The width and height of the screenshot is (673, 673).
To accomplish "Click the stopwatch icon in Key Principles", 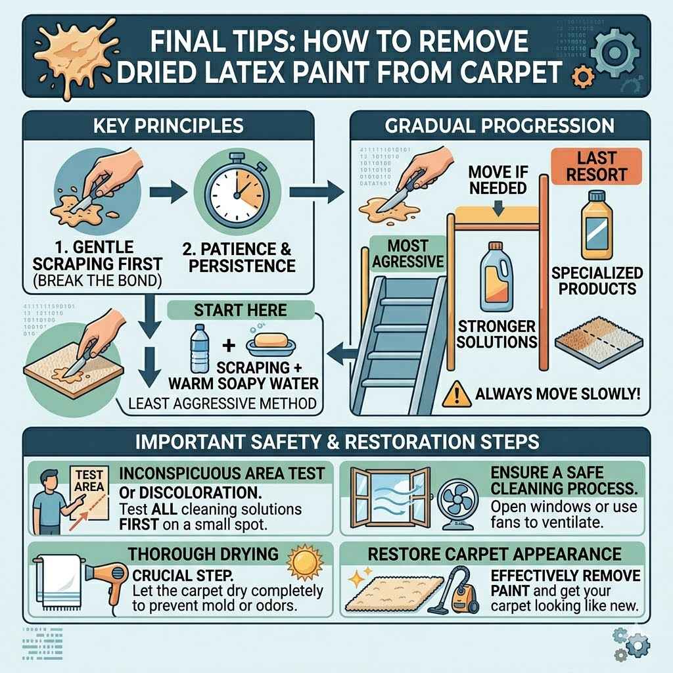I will click(234, 190).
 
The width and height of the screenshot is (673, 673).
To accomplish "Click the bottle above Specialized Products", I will click(596, 224).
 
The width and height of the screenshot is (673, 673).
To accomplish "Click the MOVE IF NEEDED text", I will click(498, 179).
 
